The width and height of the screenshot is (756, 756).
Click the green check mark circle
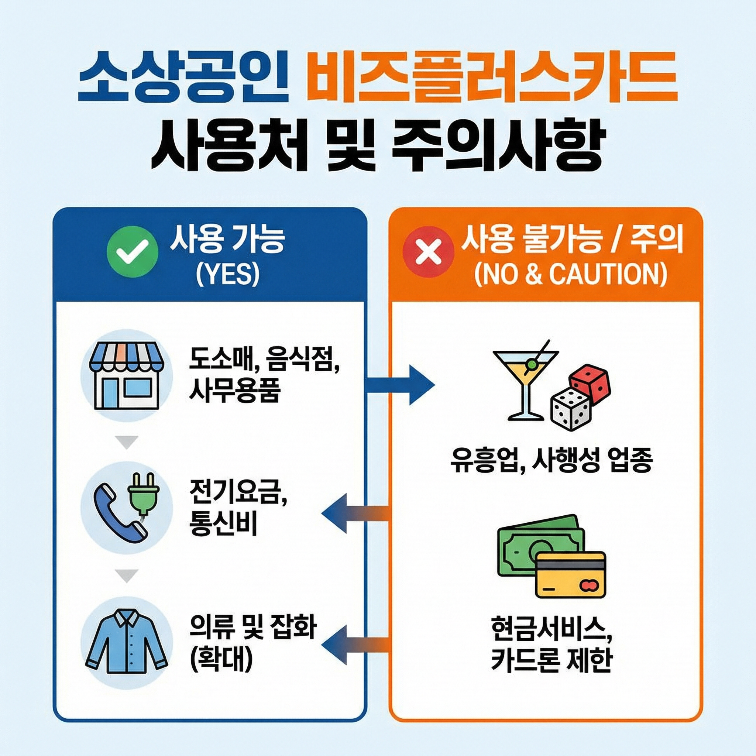click(x=133, y=252)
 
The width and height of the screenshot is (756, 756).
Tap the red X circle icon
click(x=428, y=252)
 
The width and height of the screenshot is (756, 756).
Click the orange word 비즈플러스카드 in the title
click(x=491, y=79)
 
